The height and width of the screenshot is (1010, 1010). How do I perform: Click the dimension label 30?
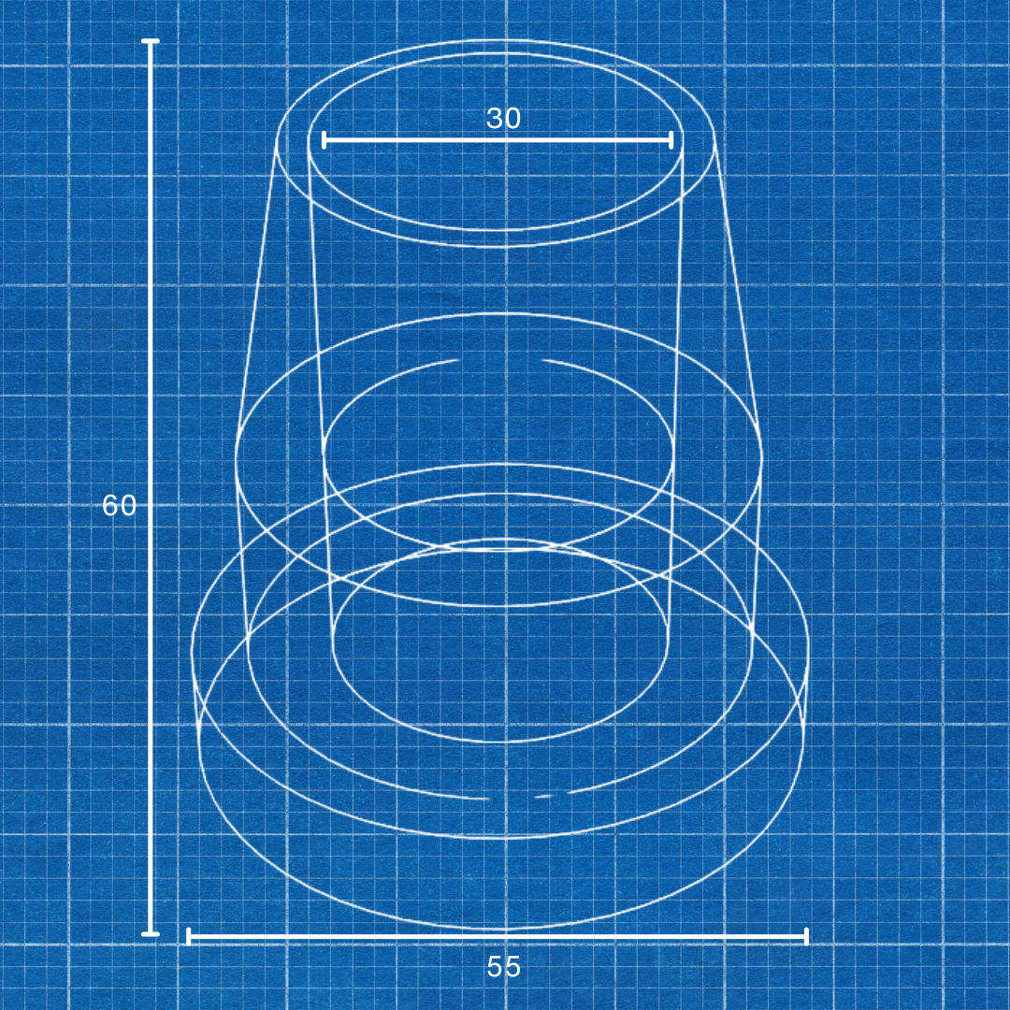(503, 119)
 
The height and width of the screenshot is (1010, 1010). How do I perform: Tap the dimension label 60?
(119, 506)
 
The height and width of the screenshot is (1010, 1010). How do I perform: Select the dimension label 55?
(503, 967)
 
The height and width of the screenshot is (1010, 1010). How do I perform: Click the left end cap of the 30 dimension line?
(324, 140)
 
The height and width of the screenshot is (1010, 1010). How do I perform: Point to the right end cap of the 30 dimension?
(671, 140)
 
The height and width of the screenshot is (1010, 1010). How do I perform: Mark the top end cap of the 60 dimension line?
(150, 41)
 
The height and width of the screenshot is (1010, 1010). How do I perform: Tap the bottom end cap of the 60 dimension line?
(150, 933)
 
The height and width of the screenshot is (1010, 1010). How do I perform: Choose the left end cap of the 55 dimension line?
(189, 936)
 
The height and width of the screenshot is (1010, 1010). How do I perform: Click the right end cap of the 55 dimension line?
(806, 936)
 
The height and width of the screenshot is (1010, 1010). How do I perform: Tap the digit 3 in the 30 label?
(494, 119)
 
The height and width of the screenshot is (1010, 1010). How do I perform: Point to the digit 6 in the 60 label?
(109, 506)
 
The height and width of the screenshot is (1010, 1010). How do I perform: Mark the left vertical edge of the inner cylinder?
(318, 374)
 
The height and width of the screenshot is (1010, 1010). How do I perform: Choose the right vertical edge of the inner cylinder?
(676, 374)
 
